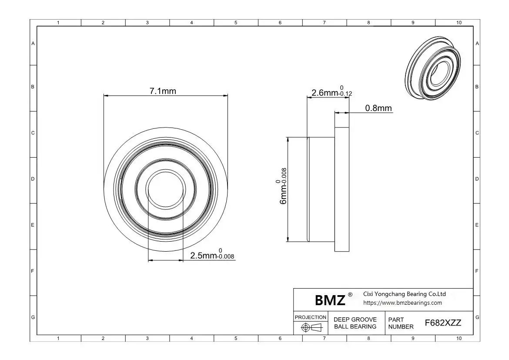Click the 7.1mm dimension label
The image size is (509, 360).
click(x=163, y=91)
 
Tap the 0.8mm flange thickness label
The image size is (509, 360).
click(x=378, y=108)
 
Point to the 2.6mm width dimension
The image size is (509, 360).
click(x=332, y=91)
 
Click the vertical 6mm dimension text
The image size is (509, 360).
click(x=281, y=186)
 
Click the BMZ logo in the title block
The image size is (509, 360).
click(x=330, y=300)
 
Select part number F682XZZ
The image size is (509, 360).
click(x=443, y=323)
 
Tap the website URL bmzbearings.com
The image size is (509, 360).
click(x=402, y=303)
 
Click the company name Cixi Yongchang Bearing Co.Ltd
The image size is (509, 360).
click(x=404, y=294)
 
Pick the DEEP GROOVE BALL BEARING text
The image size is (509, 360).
click(x=355, y=323)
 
